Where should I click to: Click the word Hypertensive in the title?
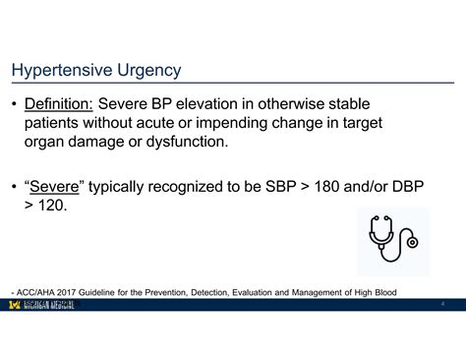(60, 71)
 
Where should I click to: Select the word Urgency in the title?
(148, 71)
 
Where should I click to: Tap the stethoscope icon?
(391, 241)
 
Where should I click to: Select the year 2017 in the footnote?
(68, 292)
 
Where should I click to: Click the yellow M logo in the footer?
(14, 305)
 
